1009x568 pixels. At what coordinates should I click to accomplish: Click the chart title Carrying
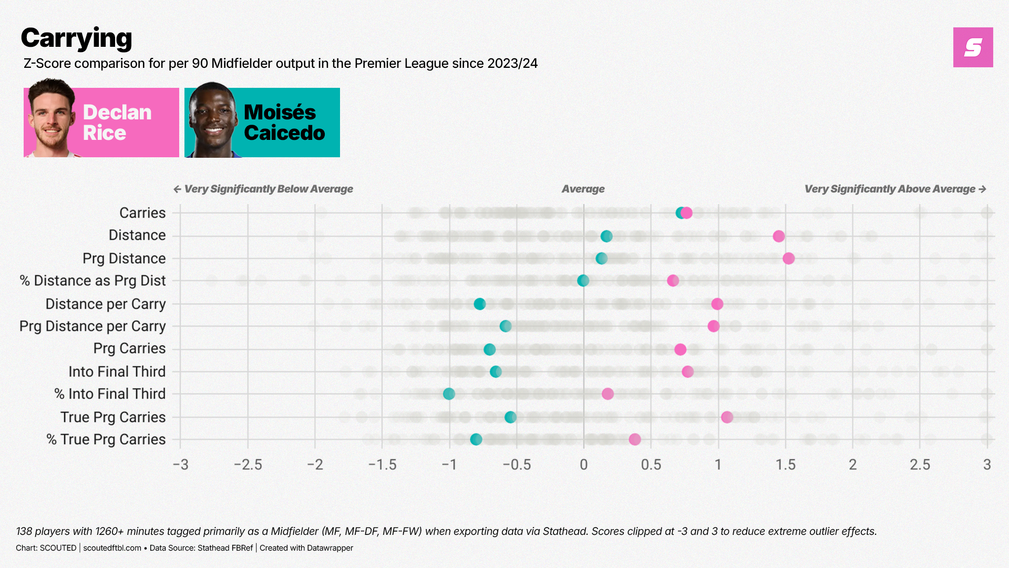(x=77, y=38)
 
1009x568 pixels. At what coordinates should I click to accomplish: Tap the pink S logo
(x=973, y=47)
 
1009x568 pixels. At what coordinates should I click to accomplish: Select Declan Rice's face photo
(x=51, y=118)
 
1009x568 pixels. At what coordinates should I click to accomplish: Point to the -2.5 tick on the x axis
(x=248, y=465)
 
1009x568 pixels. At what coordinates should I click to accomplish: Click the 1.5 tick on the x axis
(x=786, y=465)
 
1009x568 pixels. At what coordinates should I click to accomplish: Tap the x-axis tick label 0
(x=583, y=465)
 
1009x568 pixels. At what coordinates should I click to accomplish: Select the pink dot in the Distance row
(x=779, y=236)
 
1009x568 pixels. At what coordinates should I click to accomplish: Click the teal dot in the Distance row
(x=606, y=236)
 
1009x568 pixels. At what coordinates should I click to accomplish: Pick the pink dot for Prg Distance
(x=788, y=258)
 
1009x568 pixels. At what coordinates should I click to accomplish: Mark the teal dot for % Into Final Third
(x=449, y=394)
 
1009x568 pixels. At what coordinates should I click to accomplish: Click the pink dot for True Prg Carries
(x=727, y=417)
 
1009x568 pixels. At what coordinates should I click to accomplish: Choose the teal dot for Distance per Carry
(x=479, y=304)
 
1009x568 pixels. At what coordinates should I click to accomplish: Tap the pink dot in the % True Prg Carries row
(x=635, y=439)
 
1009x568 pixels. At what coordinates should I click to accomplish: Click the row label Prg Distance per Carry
(x=92, y=327)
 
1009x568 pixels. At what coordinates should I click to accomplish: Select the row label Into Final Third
(x=117, y=372)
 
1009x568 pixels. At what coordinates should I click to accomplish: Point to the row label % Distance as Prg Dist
(x=92, y=281)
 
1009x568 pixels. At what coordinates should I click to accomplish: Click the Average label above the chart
(x=583, y=189)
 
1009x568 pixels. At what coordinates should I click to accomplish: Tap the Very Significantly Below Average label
(x=268, y=189)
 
